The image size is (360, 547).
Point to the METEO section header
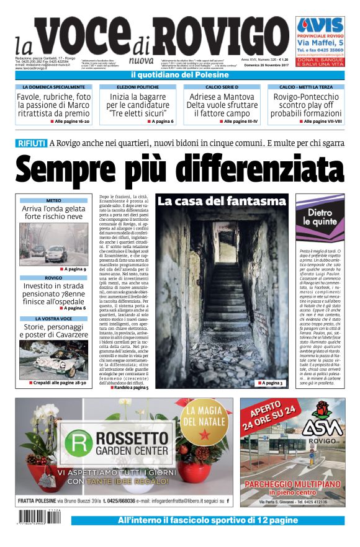point(53,201)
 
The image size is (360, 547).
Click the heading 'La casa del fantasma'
point(221,202)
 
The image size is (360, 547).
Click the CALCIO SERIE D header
point(222,87)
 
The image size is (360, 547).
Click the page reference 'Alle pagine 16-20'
point(68,121)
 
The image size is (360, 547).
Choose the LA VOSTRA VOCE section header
point(53,318)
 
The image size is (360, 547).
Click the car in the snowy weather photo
point(56,254)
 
